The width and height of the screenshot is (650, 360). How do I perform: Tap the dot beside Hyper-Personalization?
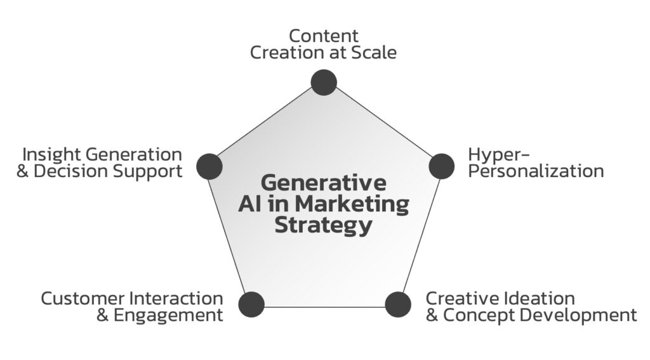441,166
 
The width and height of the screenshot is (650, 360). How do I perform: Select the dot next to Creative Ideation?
398,304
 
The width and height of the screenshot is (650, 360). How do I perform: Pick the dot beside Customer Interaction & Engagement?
251,304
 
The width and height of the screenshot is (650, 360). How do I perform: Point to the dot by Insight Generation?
209,166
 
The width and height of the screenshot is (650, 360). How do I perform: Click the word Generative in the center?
324,183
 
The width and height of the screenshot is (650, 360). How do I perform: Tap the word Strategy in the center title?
324,225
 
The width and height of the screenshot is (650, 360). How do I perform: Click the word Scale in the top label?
375,52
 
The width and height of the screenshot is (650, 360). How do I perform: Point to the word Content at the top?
324,36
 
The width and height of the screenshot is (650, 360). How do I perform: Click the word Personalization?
536,171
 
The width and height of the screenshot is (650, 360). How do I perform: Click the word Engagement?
169,316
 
